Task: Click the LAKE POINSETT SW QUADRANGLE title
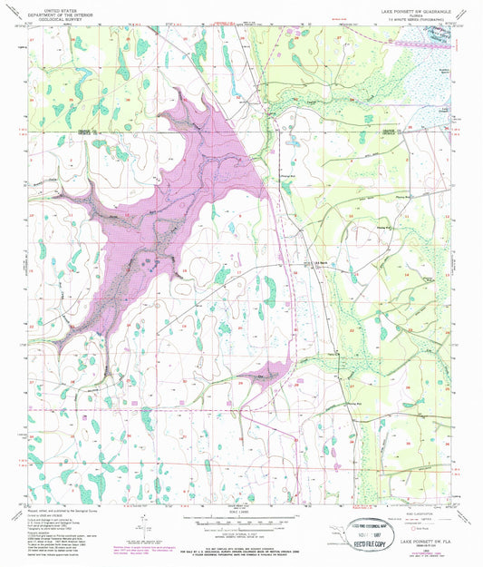(409, 5)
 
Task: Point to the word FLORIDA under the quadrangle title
(409, 11)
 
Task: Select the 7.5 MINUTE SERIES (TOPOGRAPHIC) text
(409, 15)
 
